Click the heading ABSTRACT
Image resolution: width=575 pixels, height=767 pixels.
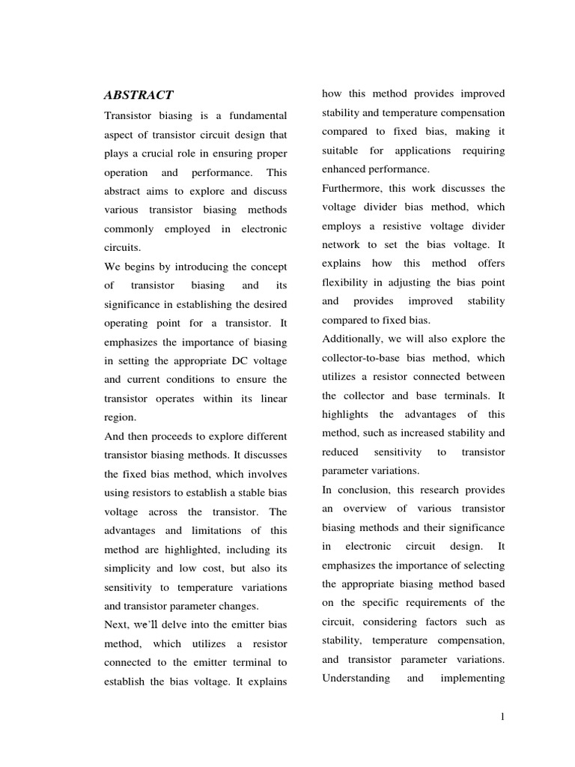point(139,95)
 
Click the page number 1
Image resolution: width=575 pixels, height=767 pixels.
point(503,717)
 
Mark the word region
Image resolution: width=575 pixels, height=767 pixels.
point(120,418)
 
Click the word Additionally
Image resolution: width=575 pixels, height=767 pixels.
point(356,339)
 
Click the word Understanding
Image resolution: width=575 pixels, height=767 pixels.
point(356,678)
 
